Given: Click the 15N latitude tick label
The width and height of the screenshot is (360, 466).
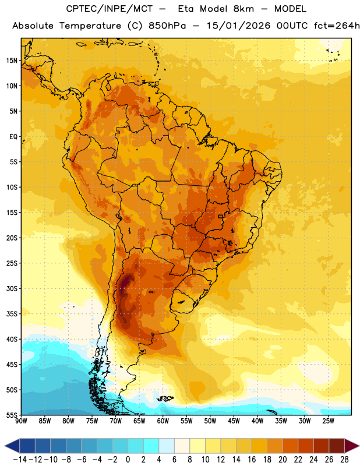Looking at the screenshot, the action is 12,61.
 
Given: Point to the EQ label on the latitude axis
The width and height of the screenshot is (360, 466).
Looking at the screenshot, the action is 13,137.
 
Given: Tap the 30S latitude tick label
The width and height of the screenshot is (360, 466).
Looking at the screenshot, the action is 12,288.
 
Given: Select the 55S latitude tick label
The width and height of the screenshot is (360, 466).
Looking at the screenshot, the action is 12,415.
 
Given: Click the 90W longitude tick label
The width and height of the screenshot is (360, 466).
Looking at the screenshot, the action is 21,421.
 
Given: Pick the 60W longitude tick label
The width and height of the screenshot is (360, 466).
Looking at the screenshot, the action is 163,421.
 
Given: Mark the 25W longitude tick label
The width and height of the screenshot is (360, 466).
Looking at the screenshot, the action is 329,421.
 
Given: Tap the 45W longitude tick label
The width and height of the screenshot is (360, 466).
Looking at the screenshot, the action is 234,421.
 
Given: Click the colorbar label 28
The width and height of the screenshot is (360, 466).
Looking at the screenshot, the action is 344,460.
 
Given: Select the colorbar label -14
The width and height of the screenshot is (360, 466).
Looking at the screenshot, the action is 20,460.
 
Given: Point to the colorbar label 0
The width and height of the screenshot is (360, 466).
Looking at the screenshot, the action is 128,460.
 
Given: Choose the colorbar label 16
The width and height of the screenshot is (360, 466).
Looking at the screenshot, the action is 252,460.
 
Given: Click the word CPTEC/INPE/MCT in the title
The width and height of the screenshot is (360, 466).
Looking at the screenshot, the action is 109,9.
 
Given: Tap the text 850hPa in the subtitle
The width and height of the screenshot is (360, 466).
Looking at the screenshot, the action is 167,26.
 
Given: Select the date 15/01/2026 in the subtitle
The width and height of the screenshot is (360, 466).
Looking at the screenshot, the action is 238,26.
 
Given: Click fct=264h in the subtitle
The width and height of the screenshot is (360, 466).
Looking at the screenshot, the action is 337,26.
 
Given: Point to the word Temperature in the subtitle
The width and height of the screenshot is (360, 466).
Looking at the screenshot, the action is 90,26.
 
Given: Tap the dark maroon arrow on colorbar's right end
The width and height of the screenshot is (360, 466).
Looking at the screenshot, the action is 352,446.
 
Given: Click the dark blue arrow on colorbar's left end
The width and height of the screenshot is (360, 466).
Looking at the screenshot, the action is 12,446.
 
